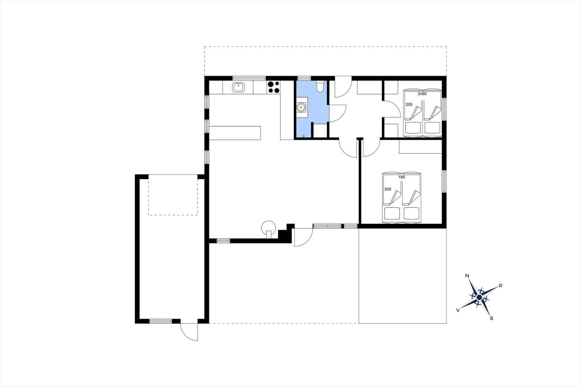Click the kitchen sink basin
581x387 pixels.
[x=238, y=87]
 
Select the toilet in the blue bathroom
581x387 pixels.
[x=320, y=86]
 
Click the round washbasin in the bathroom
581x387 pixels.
[x=301, y=107]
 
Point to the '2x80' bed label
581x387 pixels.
[x=422, y=94]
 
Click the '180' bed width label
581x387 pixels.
[x=402, y=177]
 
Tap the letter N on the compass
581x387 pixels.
[x=467, y=276]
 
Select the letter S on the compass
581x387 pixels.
[x=491, y=318]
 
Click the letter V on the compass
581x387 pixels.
[x=458, y=310]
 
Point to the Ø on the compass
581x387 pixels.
[x=500, y=285]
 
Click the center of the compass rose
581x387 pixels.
[x=479, y=297]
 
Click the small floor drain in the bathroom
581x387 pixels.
[x=304, y=136]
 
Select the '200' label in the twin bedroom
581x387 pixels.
[x=409, y=105]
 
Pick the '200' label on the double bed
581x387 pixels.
[x=387, y=189]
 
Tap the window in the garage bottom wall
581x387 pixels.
[x=161, y=321]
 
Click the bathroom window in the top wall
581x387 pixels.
[x=304, y=78]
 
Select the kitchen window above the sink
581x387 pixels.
[x=249, y=78]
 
